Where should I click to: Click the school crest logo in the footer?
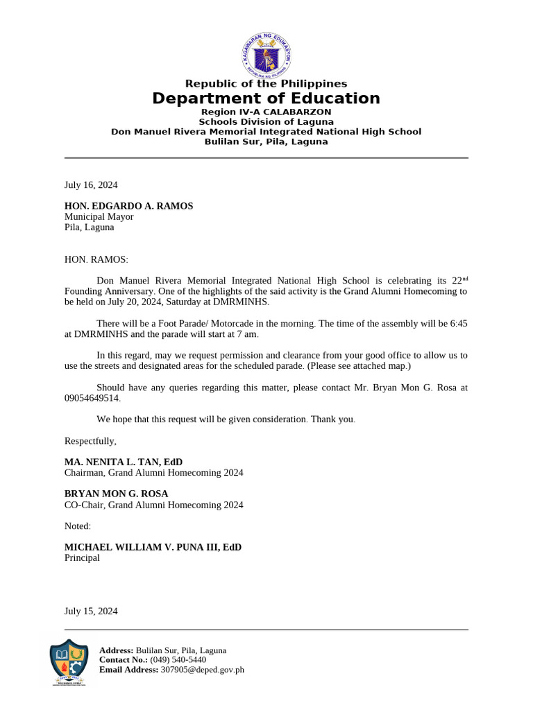coord(69,662)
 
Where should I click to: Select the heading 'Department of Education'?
coord(266,98)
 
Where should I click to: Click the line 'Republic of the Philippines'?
coord(266,84)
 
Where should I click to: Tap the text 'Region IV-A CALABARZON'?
coord(266,112)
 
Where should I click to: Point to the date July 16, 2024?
coord(91,185)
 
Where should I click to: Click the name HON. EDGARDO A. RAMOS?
coord(128,206)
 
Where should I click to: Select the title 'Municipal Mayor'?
coord(99,216)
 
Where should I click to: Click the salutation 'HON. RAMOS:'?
coord(96,259)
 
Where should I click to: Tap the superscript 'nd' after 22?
coord(465,279)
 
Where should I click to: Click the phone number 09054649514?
coord(92,398)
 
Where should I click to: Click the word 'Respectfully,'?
coord(90,441)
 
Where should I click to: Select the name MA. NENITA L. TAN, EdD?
coord(124,462)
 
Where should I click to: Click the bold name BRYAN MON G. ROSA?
coord(116,494)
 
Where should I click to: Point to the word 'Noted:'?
coord(78,526)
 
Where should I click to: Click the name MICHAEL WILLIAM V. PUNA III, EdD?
coord(153,547)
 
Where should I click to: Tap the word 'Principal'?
coord(82,557)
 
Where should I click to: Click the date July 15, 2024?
coord(91,612)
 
